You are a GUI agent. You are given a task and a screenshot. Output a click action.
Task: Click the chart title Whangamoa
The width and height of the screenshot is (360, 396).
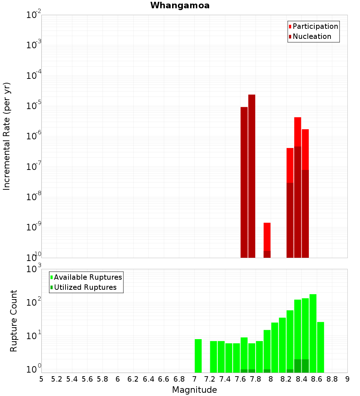[180, 5]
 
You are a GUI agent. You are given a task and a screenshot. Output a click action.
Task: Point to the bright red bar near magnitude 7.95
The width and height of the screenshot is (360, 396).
[267, 236]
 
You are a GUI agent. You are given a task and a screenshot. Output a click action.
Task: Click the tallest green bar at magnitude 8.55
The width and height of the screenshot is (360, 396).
[313, 333]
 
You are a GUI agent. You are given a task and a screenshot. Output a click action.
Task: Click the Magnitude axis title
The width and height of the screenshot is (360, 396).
[194, 390]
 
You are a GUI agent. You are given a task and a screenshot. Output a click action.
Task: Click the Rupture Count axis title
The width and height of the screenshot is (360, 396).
[14, 320]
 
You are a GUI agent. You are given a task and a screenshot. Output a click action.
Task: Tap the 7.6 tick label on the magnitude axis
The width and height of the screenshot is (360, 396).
[240, 379]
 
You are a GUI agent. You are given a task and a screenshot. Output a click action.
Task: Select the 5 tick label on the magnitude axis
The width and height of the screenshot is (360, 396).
[41, 379]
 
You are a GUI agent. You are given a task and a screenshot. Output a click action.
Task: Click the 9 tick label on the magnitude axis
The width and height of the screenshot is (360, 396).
[347, 379]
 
